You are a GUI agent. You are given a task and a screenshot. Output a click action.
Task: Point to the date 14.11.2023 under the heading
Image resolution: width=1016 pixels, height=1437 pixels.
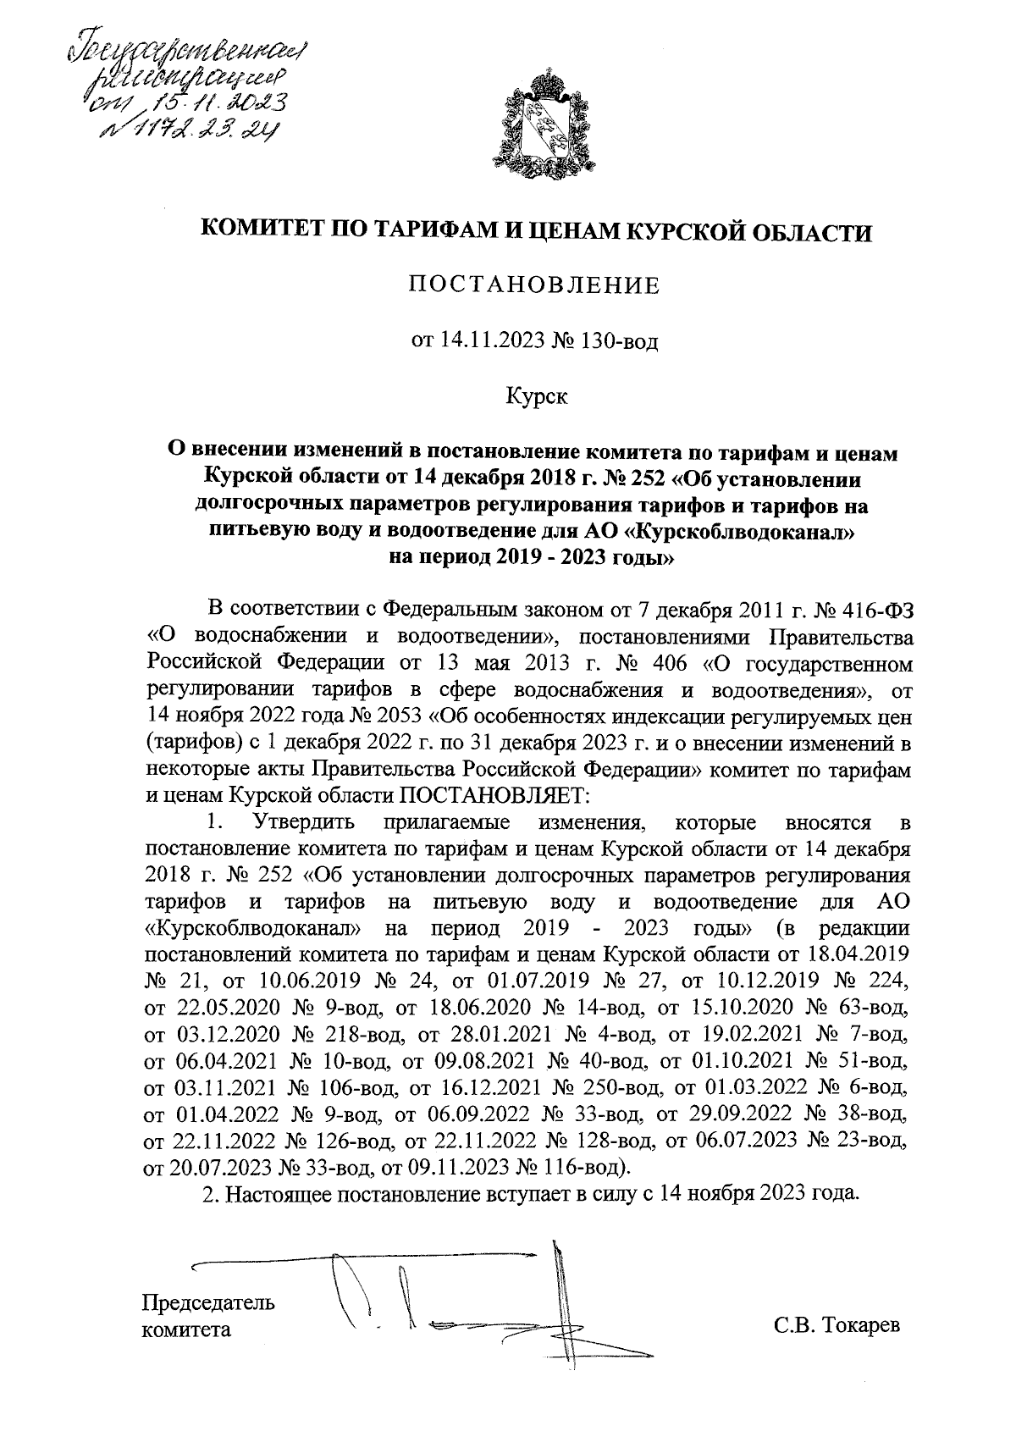(489, 342)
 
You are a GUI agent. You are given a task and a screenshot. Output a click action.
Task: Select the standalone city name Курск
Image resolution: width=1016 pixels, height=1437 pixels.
(536, 395)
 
